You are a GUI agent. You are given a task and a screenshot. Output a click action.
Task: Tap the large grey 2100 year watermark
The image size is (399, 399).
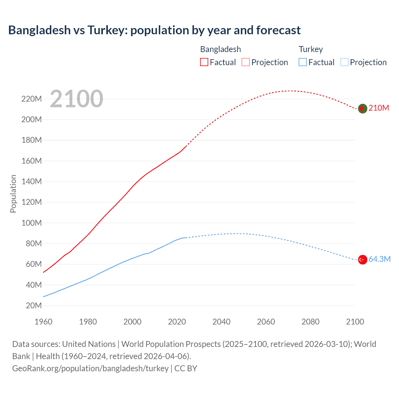pyautogui.click(x=76, y=99)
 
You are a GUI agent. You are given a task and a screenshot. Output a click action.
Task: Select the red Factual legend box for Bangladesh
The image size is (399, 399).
pyautogui.click(x=204, y=62)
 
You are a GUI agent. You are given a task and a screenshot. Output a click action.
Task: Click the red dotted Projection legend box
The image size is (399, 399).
pyautogui.click(x=246, y=62)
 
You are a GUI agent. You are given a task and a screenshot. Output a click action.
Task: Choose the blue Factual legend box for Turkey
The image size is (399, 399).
pyautogui.click(x=303, y=62)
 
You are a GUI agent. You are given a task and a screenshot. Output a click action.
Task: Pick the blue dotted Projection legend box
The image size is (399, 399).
pyautogui.click(x=344, y=62)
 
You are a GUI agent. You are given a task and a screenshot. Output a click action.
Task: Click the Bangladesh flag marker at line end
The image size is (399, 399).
pyautogui.click(x=362, y=108)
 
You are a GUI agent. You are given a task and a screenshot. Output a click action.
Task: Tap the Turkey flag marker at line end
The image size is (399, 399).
pyautogui.click(x=363, y=259)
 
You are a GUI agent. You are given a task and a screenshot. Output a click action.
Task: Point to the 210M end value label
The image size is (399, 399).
pyautogui.click(x=379, y=108)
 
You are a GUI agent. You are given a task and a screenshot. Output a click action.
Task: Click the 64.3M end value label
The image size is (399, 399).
pyautogui.click(x=379, y=259)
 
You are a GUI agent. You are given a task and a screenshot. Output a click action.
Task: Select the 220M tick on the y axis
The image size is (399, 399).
pyautogui.click(x=31, y=99)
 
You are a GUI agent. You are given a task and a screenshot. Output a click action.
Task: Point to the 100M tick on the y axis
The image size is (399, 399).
pyautogui.click(x=31, y=223)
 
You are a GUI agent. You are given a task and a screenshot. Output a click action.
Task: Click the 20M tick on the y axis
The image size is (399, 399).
pyautogui.click(x=34, y=305)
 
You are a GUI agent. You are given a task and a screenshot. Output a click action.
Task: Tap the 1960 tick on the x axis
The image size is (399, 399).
pyautogui.click(x=43, y=322)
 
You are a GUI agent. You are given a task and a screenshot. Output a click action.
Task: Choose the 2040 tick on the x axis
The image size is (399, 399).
pyautogui.click(x=221, y=322)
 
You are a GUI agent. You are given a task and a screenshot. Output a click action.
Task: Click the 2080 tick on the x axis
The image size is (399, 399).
pyautogui.click(x=310, y=322)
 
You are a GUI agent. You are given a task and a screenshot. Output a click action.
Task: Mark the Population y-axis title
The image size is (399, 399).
pyautogui.click(x=13, y=194)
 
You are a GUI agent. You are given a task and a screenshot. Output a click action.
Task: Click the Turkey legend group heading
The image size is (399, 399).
pyautogui.click(x=311, y=49)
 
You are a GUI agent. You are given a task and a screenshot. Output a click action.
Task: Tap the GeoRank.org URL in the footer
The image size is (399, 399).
pyautogui.click(x=90, y=368)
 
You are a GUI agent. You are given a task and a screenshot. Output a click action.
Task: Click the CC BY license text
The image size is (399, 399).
pyautogui.click(x=186, y=368)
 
